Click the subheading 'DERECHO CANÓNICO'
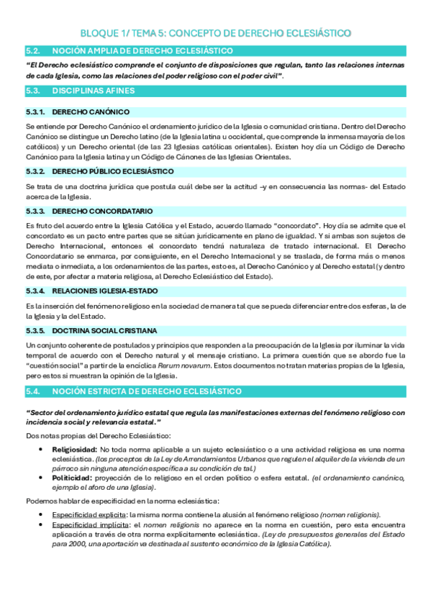point(91,112)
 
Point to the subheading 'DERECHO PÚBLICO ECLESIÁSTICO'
point(113,171)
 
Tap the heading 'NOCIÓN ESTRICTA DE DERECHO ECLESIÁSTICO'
point(146,391)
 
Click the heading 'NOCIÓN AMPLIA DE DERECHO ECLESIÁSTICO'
point(142,51)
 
